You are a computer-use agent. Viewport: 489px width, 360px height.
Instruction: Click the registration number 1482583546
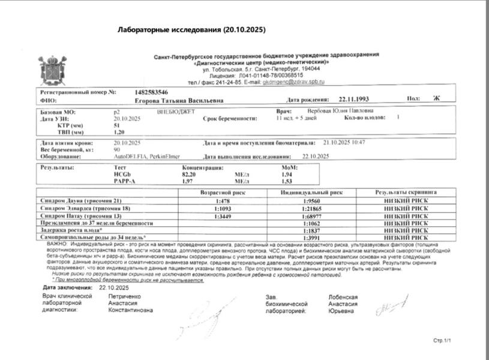point(148,92)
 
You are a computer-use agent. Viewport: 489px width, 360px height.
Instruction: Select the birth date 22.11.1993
point(354,100)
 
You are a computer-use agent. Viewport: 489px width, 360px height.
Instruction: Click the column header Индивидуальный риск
point(311,193)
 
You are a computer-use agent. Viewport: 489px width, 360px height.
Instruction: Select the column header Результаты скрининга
point(406,193)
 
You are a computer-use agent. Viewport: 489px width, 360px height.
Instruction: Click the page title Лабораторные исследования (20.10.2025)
point(191,29)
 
